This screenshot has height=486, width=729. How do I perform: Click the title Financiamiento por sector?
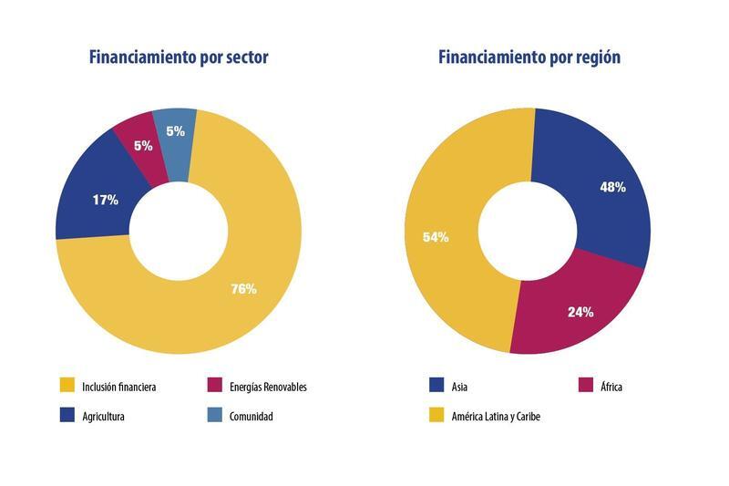coord(179,57)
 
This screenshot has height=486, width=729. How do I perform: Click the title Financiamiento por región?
coord(529,57)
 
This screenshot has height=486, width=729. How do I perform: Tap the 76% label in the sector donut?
coord(243,289)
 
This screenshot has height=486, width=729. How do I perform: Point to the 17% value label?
coord(106,200)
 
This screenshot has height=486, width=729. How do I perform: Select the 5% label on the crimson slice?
coord(142,146)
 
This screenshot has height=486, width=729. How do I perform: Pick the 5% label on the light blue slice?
coord(175,130)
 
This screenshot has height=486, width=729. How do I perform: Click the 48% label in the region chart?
coord(611,187)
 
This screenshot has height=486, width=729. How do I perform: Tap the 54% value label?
coord(436,237)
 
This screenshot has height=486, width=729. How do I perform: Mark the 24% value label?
coord(580,312)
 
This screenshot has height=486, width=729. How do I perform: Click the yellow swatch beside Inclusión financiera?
coord(67,387)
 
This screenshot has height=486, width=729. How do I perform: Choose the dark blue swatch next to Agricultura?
coord(67,417)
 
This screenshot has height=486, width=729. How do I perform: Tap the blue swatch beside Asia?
coord(436,387)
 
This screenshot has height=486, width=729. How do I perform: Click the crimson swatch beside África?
coord(585,387)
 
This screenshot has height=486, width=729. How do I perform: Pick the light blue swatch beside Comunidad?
coord(215,417)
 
